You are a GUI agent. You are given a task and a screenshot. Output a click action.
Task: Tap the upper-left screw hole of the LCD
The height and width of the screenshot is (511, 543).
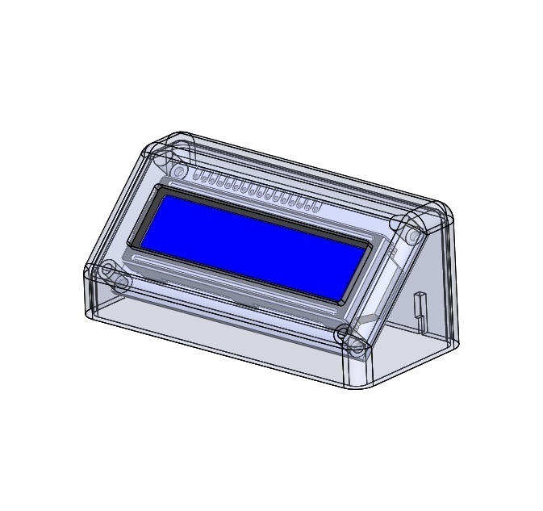coord(178,172)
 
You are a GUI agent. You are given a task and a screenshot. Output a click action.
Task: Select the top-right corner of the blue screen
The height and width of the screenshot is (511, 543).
coord(368,239)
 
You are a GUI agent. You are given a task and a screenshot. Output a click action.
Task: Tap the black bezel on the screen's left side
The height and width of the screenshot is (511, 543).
coord(146,218)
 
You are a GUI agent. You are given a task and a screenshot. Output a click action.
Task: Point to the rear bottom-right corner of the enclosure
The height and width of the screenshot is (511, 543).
coord(454,342)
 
